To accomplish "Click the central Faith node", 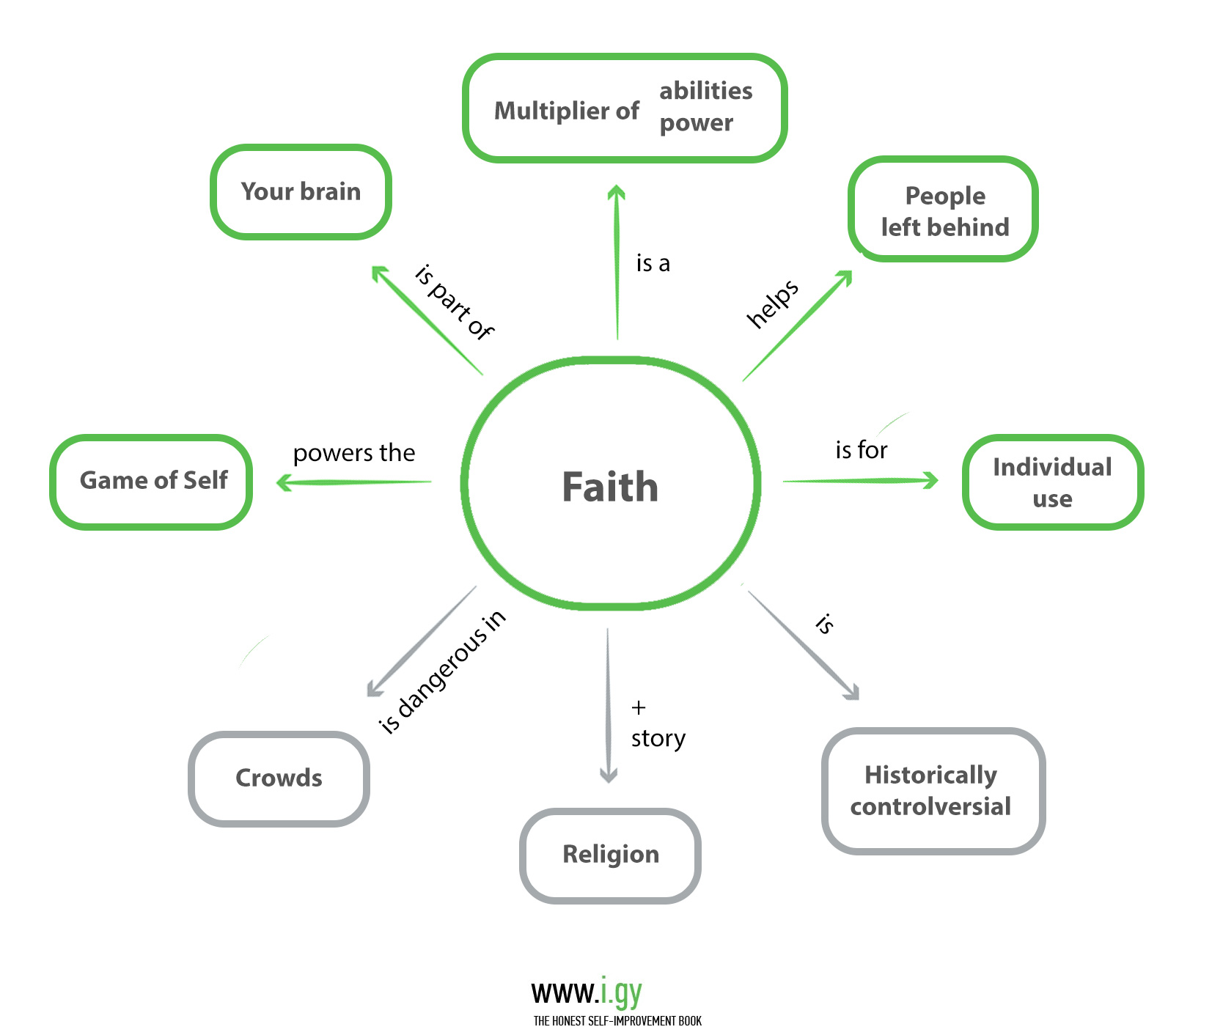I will [610, 485].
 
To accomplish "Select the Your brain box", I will [301, 192].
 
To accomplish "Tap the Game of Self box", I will [153, 481].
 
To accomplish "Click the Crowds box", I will [279, 778].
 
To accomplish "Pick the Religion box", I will [610, 855].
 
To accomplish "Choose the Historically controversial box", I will [932, 790].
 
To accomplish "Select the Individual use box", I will [1052, 482].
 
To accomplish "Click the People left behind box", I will [944, 211].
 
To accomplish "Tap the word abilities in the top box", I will [705, 91].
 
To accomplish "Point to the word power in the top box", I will [696, 123].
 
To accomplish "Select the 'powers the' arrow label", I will [354, 453].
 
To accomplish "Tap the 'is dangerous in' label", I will [441, 672].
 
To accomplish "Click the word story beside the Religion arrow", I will [658, 738].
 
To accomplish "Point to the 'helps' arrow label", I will [772, 303].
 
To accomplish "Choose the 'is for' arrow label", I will [861, 449].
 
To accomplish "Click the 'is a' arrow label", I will [653, 263].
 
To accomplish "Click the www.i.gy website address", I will [586, 992].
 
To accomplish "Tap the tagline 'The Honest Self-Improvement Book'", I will [617, 1021].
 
